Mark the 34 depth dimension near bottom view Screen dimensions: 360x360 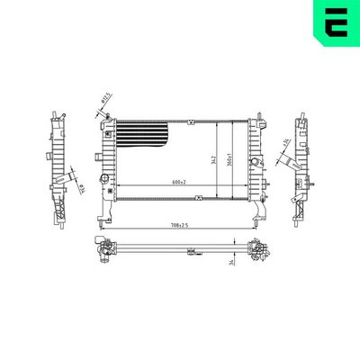[231, 261]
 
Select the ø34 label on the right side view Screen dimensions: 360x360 [285, 143]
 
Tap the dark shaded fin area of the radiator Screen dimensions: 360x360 [145, 135]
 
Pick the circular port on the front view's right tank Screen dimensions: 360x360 [255, 161]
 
